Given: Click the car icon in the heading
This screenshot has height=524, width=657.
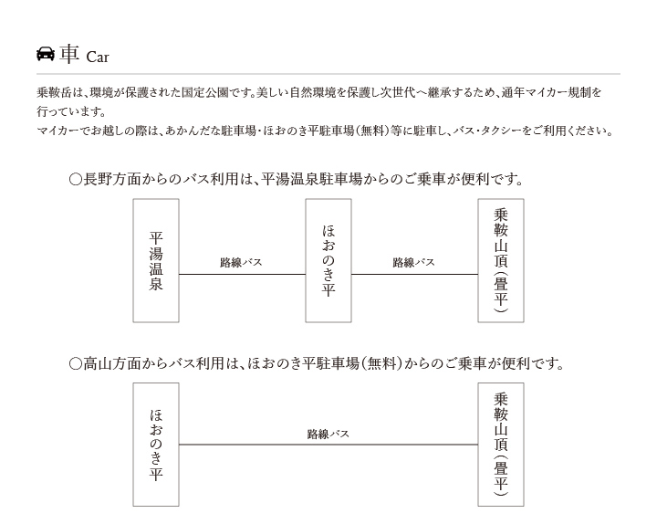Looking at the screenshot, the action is [x=46, y=54].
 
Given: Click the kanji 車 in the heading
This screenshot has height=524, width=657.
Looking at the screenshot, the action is [x=69, y=54].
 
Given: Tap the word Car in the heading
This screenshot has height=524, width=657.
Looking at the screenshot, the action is [x=98, y=57].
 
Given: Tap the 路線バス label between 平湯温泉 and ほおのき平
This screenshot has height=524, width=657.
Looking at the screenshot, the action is [x=241, y=262].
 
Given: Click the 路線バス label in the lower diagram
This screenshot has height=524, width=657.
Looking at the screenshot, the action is [x=328, y=434].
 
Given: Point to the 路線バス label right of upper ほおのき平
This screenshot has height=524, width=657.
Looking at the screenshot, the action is [x=413, y=262].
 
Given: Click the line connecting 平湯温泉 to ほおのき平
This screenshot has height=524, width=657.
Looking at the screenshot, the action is [x=242, y=274].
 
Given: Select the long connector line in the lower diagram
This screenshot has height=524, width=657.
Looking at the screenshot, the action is [x=328, y=445].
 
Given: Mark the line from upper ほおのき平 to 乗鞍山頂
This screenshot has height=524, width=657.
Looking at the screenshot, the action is [x=415, y=274].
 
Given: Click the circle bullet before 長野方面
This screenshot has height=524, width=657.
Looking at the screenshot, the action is [x=76, y=180].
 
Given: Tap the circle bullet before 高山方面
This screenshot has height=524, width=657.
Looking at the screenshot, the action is [x=76, y=363].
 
